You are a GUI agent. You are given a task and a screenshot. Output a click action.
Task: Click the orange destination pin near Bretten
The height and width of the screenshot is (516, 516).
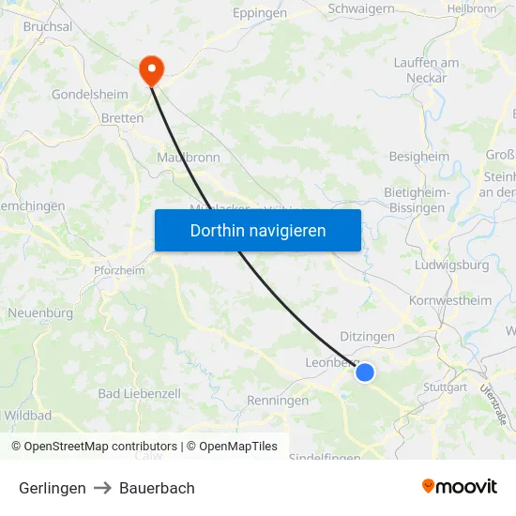click(150, 69)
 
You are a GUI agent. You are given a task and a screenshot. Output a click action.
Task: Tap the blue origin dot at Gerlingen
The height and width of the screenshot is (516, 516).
click(365, 372)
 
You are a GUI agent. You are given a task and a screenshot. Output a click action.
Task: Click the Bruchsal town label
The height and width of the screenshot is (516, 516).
click(48, 27)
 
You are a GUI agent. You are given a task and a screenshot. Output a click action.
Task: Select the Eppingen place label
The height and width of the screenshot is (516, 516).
click(260, 14)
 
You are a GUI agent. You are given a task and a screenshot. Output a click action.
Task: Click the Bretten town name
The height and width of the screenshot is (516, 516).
click(122, 118)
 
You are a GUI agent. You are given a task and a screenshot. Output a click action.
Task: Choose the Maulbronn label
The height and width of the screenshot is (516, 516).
click(189, 158)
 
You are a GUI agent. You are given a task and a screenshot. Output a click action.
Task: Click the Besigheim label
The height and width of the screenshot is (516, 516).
click(419, 157)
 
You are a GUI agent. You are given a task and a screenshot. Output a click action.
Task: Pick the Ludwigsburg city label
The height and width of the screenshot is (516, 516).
click(452, 265)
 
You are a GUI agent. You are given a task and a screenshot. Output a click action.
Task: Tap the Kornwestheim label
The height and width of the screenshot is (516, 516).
click(451, 300)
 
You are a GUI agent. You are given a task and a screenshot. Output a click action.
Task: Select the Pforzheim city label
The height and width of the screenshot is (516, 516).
click(119, 270)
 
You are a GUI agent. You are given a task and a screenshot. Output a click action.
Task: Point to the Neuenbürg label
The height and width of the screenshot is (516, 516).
click(41, 312)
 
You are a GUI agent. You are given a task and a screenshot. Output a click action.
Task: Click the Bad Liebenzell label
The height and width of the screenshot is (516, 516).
click(139, 393)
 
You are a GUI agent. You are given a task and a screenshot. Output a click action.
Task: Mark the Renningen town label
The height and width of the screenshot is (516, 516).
click(278, 401)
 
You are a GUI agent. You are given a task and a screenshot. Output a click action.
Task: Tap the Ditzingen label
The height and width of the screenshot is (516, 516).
click(367, 337)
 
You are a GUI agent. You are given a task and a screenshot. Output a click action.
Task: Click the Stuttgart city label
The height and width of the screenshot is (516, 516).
click(445, 387)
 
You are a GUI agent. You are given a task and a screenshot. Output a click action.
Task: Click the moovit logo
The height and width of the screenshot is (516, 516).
click(460, 486)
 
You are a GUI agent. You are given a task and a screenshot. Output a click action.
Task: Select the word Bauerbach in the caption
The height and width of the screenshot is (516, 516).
click(157, 488)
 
